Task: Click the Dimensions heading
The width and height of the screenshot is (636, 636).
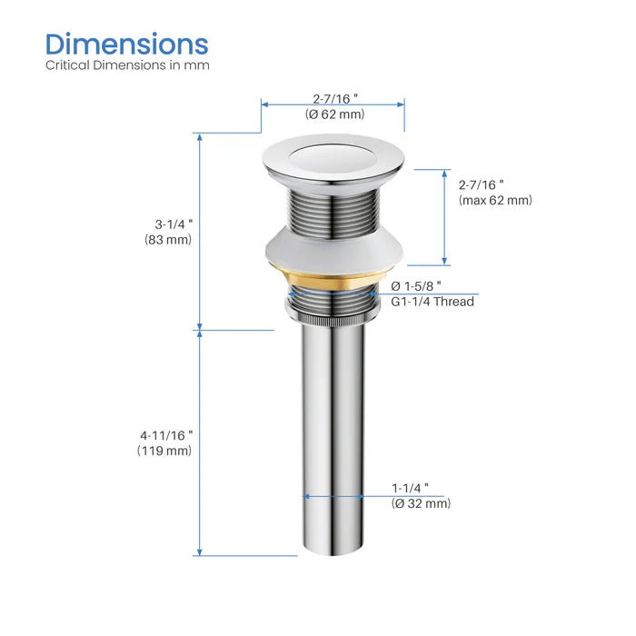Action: (127, 43)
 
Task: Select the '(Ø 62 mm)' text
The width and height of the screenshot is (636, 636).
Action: (333, 114)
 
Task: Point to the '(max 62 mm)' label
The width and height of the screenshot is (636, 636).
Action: (495, 200)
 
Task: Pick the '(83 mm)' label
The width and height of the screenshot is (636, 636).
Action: (169, 240)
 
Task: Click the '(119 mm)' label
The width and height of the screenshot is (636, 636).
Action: (165, 451)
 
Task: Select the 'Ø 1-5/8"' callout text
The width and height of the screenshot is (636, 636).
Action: (417, 285)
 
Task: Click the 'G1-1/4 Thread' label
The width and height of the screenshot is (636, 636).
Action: (432, 302)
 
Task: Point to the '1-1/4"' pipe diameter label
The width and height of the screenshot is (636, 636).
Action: (411, 487)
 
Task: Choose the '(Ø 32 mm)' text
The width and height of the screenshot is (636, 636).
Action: (421, 502)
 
